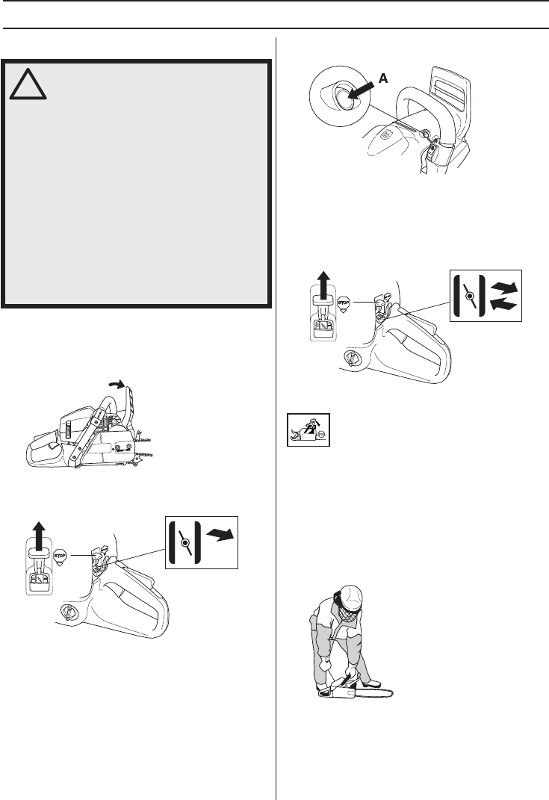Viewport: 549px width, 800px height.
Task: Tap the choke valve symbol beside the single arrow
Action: point(183,542)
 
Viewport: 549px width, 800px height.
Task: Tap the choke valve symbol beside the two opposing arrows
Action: point(468,296)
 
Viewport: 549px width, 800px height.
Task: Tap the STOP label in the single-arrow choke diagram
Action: point(62,556)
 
